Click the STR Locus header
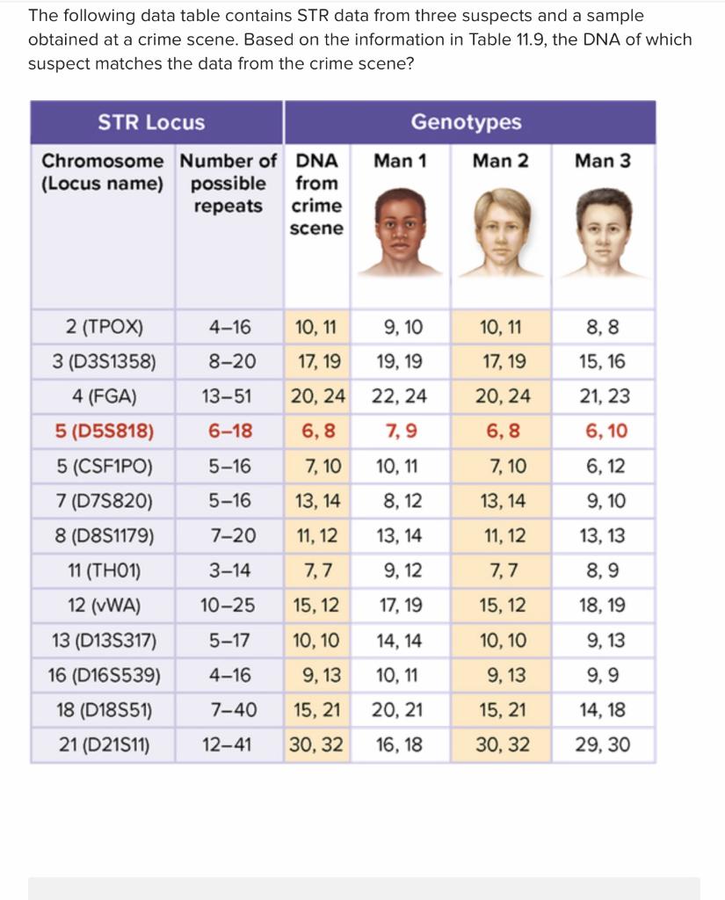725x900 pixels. pyautogui.click(x=151, y=122)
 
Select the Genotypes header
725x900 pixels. pyautogui.click(x=466, y=122)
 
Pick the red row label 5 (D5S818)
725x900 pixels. pyautogui.click(x=104, y=431)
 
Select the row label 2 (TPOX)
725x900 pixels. pyautogui.click(x=104, y=328)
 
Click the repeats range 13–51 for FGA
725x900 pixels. pyautogui.click(x=227, y=396)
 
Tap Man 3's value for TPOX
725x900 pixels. pyautogui.click(x=603, y=328)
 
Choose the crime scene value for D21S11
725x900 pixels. pyautogui.click(x=316, y=745)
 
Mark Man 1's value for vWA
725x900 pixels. pyautogui.click(x=400, y=606)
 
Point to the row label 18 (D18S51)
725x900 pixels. pyautogui.click(x=104, y=710)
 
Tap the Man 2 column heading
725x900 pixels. pyautogui.click(x=501, y=161)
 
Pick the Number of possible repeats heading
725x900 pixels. pyautogui.click(x=228, y=183)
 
